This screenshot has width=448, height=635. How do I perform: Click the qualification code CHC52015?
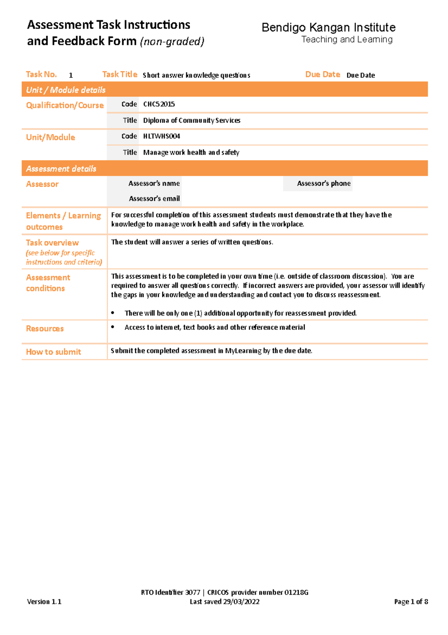coord(159,104)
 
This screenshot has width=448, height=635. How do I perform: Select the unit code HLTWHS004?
coord(162,136)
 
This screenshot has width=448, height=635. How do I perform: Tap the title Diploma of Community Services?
coord(192,120)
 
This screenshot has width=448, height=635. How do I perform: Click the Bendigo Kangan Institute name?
coord(328,28)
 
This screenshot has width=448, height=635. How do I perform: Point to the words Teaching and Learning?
coord(347,40)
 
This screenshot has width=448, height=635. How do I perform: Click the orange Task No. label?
coord(41,74)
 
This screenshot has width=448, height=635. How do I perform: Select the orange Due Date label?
coord(323,74)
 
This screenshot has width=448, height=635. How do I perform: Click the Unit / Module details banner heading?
coord(66,90)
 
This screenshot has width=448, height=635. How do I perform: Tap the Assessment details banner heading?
coord(61,169)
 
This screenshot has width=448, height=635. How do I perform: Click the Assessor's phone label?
coord(324,184)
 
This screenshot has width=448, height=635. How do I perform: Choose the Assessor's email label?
coord(154,199)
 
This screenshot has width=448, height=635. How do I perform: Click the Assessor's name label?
coord(154,184)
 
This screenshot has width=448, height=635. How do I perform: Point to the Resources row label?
coord(45,329)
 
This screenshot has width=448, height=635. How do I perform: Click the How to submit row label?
coord(53,352)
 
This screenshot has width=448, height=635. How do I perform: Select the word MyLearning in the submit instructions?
coord(243,351)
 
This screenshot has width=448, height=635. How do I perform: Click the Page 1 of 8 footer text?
coord(411,602)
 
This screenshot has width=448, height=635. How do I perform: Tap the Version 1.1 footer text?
coord(44,602)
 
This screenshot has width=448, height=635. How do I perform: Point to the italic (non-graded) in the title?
coord(172,42)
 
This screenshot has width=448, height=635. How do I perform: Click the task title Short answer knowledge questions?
coord(196,76)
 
